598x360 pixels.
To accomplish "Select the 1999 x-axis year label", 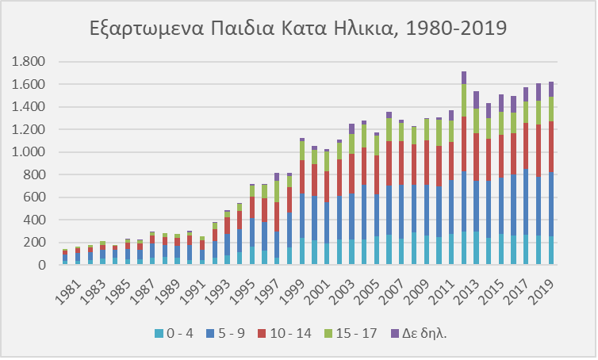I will tap(293, 288).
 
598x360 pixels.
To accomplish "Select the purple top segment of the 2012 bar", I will tap(463, 78).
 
